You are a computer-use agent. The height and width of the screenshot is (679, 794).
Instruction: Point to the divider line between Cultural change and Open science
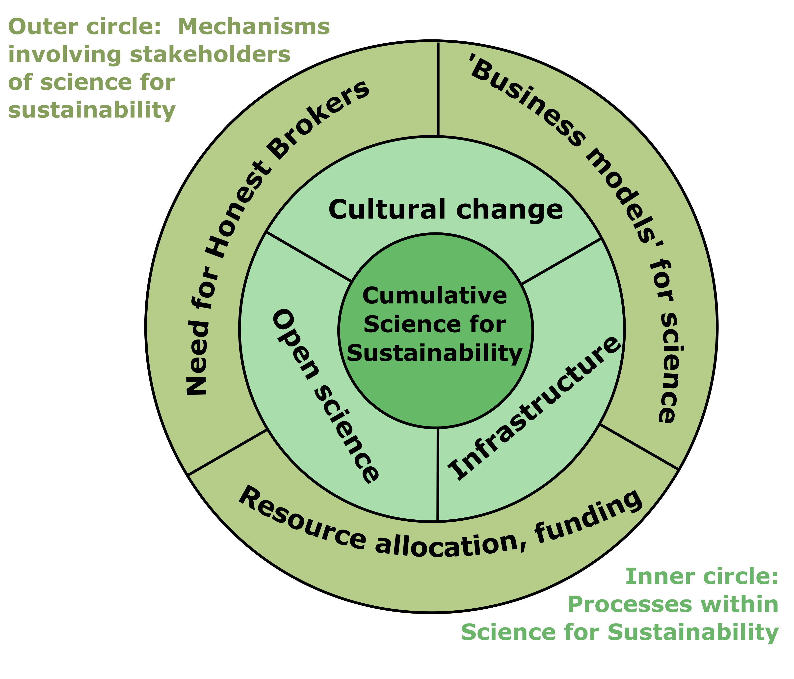(309, 257)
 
